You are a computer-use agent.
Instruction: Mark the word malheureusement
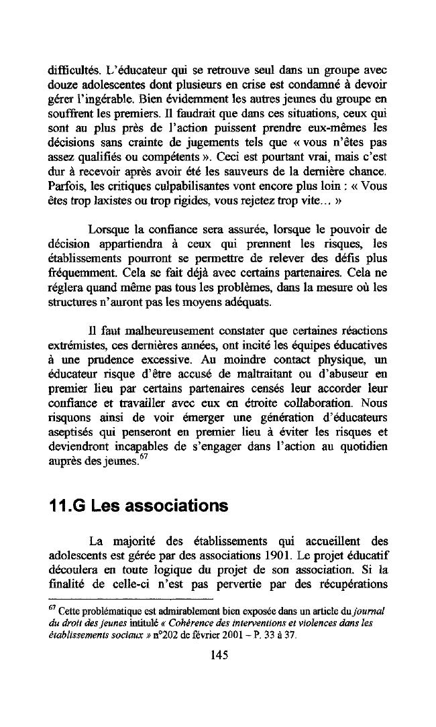click(x=152, y=332)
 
